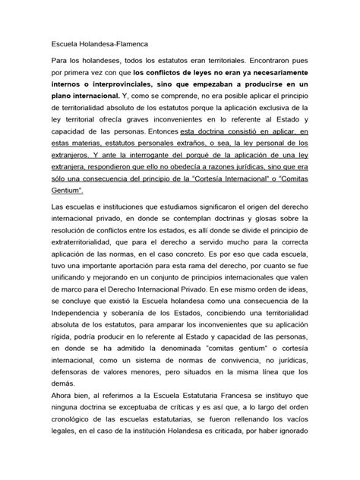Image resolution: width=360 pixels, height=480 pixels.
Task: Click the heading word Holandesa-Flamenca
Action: (115, 45)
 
